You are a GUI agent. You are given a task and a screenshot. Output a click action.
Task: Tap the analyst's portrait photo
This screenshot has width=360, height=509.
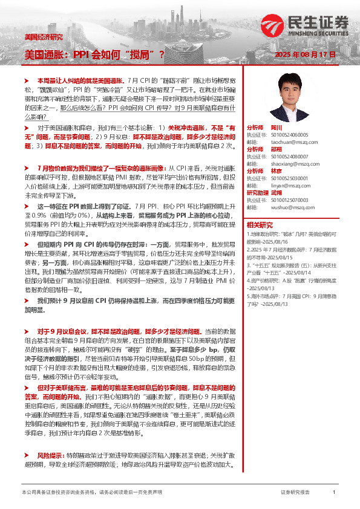point(290,98)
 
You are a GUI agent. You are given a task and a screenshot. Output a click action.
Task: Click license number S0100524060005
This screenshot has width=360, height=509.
point(290,135)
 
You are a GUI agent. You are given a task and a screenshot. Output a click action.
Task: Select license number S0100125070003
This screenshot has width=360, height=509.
point(290,199)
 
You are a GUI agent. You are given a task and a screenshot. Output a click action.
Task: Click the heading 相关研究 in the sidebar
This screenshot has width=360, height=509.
point(259,224)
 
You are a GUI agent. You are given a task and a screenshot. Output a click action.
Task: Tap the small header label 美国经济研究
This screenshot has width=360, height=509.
point(43,37)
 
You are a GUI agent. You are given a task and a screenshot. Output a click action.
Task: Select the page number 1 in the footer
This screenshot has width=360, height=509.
point(334,493)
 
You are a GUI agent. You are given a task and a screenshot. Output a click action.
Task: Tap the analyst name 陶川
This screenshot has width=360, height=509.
point(277,128)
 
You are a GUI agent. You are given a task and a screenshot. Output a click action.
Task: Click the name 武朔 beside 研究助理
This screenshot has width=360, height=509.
point(277,193)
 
